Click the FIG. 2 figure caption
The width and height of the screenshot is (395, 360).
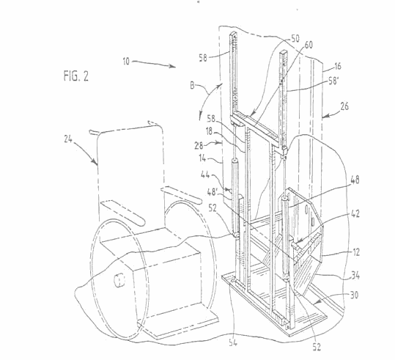tap(75, 76)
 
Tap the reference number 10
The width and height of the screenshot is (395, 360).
tap(126, 62)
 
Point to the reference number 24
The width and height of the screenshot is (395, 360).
tap(68, 139)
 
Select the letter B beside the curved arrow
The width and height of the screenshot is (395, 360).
tap(192, 86)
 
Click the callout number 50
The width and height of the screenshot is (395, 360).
tap(295, 38)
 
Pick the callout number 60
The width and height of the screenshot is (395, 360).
tap(309, 45)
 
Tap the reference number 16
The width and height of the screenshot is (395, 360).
tap(338, 66)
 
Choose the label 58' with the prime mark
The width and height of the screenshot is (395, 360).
tap(333, 81)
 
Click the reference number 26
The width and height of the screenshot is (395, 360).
tap(344, 106)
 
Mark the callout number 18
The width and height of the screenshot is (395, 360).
tap(209, 131)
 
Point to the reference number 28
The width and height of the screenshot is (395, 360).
tap(199, 145)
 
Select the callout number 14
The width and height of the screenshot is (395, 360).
tap(202, 158)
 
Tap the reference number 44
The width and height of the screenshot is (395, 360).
tap(205, 175)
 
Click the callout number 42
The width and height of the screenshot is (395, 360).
tap(355, 214)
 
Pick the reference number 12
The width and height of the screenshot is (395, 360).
tap(356, 252)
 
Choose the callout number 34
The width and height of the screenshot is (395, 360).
tap(355, 275)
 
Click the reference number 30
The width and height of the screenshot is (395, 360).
tap(354, 295)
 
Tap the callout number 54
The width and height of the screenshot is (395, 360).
tap(233, 343)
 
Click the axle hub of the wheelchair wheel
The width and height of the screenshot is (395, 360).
tap(119, 280)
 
